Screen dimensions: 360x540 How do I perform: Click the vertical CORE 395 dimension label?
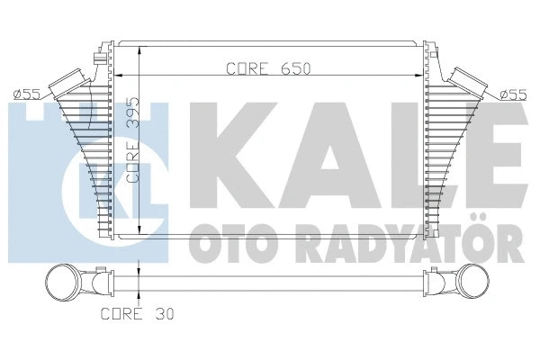(x=132, y=139)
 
